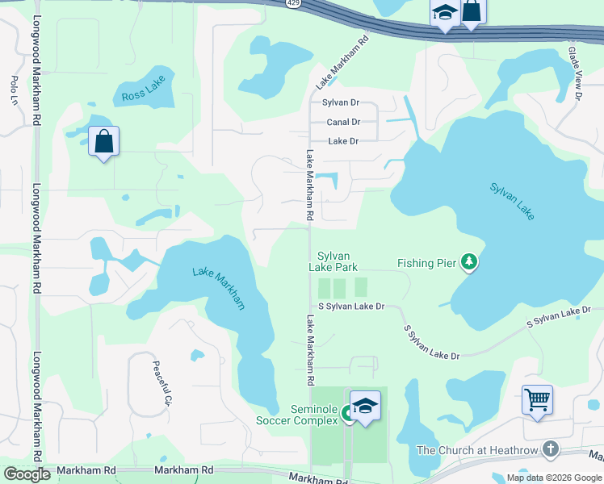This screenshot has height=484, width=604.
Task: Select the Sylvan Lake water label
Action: pyautogui.click(x=512, y=202)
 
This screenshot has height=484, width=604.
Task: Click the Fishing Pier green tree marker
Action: pyautogui.click(x=468, y=261)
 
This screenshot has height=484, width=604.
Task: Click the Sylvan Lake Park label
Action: pyautogui.click(x=333, y=261)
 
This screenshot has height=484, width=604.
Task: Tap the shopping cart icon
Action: pyautogui.click(x=537, y=399)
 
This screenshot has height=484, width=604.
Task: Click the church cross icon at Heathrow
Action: pyautogui.click(x=550, y=449)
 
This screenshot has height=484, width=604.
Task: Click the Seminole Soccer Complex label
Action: pyautogui.click(x=296, y=415)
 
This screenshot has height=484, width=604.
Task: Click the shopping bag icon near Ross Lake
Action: pyautogui.click(x=103, y=142)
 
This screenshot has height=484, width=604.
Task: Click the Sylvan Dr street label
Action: pyautogui.click(x=340, y=103)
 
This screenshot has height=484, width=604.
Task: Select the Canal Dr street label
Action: pyautogui.click(x=343, y=123)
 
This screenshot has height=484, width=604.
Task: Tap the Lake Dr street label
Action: pyautogui.click(x=342, y=141)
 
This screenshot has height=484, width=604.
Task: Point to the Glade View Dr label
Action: pyautogui.click(x=575, y=73)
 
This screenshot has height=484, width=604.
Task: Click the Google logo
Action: pyautogui.click(x=27, y=474)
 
